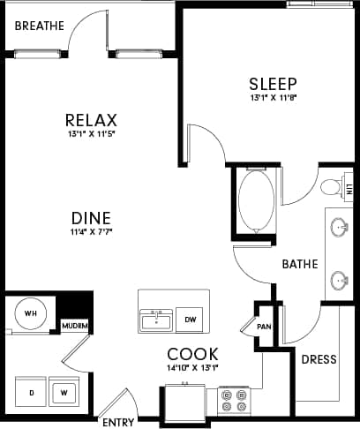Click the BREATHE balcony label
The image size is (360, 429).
click(x=41, y=26)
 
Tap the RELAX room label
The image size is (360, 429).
click(x=93, y=120)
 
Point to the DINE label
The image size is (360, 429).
click(x=92, y=217)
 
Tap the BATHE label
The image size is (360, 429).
click(x=299, y=263)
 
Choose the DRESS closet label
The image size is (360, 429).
click(x=319, y=360)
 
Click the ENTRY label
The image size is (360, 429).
click(x=118, y=422)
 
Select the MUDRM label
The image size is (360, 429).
click(x=75, y=327)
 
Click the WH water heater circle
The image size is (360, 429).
click(x=30, y=314)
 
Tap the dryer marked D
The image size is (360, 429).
click(x=32, y=388)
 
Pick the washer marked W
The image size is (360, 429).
click(x=64, y=388)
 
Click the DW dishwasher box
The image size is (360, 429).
click(x=190, y=320)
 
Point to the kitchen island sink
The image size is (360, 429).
click(x=156, y=319)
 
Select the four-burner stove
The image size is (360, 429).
click(x=235, y=402)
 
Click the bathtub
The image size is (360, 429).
click(x=257, y=201)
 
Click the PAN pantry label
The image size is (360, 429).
click(x=263, y=326)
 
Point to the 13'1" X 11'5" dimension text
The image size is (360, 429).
click(x=93, y=135)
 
